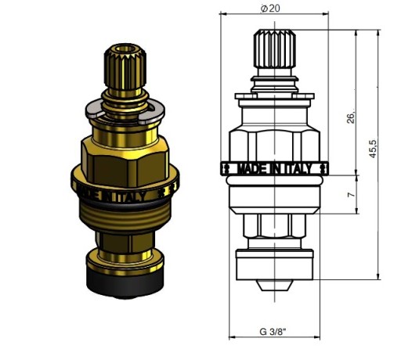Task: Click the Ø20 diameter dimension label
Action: [270, 9]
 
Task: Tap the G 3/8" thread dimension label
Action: [273, 332]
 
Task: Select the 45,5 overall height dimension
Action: [373, 149]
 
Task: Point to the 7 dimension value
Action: [352, 195]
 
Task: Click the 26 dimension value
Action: [351, 117]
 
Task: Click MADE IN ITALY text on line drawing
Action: [275, 169]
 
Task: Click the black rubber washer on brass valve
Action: [125, 283]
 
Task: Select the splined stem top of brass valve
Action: [125, 68]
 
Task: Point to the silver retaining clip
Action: [125, 112]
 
